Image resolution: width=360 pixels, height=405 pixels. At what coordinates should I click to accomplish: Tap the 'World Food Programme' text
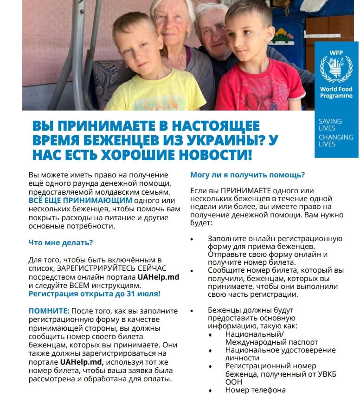336,92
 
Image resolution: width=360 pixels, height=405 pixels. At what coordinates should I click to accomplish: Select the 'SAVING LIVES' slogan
330,124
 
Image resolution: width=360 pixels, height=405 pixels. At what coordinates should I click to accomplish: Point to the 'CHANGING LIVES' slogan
335,140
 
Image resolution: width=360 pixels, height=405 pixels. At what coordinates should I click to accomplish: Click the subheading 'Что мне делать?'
60,242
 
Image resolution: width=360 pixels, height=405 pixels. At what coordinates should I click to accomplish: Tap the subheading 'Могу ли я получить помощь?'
247,175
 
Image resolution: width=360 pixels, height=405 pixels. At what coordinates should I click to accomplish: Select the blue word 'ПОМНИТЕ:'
49,310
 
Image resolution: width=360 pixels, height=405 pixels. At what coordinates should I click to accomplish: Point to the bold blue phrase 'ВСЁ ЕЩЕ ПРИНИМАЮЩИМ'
80,200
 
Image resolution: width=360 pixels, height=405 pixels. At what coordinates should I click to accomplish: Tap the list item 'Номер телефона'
255,390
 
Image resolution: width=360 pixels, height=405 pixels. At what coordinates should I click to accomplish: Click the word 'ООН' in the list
233,382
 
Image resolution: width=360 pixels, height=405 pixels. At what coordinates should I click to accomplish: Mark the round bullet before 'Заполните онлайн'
192,239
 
